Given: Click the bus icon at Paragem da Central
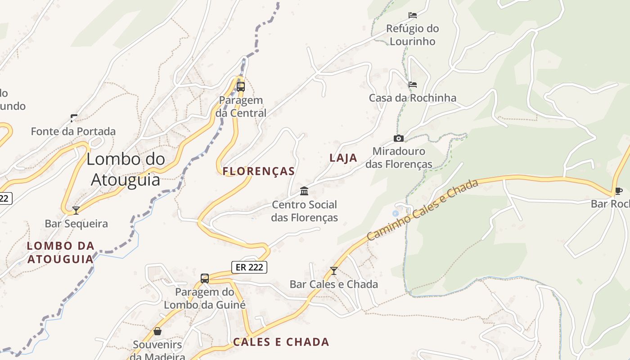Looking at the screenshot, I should [241, 86].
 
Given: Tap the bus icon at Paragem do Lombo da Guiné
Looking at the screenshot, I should [205, 278].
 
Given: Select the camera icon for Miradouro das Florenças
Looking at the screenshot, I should [399, 138].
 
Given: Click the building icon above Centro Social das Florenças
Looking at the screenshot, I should [304, 191].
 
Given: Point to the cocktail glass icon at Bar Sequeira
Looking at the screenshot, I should [76, 210].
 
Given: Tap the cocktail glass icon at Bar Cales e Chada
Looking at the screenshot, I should [333, 270].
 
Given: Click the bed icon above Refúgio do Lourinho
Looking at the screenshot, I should [412, 15].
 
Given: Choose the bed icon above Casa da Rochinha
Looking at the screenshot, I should [412, 84].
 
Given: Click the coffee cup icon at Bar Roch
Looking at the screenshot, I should [618, 191].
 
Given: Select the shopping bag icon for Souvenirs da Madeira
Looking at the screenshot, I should [157, 331].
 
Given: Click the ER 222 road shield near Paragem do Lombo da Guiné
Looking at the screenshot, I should [249, 267].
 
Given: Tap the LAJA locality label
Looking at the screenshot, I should [343, 158].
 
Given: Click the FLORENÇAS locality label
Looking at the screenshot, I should [259, 171].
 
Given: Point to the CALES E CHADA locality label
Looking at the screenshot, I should [281, 342].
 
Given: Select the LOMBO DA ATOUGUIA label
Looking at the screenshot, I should [61, 252].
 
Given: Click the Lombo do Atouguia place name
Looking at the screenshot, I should [126, 169].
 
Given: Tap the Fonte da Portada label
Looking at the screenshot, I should [73, 131].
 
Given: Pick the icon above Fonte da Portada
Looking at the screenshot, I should [74, 118].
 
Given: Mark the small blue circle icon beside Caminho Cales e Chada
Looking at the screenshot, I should [396, 213].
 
